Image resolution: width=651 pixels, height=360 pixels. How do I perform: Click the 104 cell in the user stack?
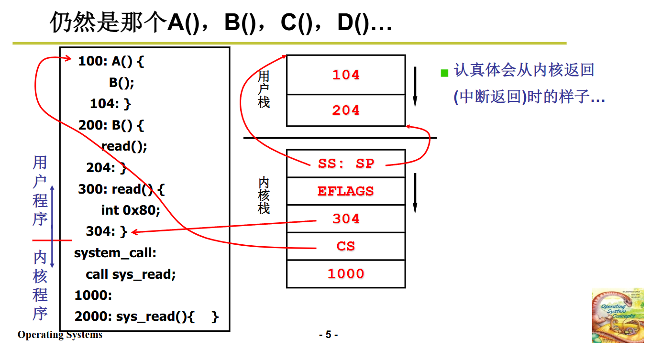(346, 75)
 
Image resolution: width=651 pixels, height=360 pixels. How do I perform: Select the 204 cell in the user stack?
(346, 110)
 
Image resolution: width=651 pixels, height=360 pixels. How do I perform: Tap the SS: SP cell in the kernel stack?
(346, 164)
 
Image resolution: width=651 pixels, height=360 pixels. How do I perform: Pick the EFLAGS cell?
(346, 191)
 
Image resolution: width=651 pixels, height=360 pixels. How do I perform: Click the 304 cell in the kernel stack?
(346, 219)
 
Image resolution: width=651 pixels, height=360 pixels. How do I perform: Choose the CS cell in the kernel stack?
(346, 246)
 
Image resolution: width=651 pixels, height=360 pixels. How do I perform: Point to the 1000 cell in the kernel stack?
(346, 274)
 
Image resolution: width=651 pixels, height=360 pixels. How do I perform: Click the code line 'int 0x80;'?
(130, 210)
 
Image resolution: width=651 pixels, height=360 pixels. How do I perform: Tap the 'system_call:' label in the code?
(115, 253)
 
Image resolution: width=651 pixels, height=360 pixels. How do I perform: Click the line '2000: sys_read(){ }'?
(146, 316)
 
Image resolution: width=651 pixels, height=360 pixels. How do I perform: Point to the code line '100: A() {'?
(111, 62)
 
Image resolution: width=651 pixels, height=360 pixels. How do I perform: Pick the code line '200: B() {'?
(111, 126)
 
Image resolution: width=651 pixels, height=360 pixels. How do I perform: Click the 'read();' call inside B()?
(124, 146)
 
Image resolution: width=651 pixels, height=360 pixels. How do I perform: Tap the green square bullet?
(444, 73)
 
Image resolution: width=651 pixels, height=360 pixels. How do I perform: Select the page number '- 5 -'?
(328, 335)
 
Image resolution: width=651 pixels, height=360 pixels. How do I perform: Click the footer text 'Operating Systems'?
(60, 335)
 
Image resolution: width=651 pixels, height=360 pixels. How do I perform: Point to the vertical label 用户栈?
(264, 89)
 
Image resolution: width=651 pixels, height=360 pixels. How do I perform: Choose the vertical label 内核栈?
(264, 196)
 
